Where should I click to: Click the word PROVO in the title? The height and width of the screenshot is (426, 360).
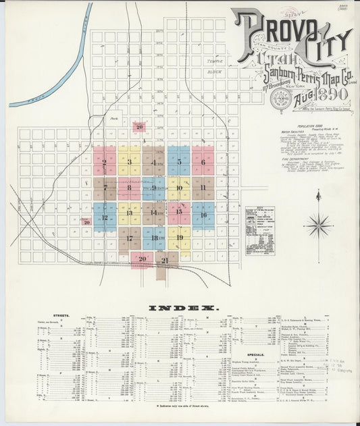point(266,30)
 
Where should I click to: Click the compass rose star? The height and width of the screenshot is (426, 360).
point(317,224)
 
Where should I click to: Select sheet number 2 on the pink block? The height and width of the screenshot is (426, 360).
point(104,162)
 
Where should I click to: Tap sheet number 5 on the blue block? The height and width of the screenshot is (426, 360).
point(179,162)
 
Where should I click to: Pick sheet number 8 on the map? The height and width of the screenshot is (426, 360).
point(129,188)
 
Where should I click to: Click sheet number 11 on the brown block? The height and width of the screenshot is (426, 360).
point(203,187)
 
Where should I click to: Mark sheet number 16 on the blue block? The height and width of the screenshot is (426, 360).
point(203,215)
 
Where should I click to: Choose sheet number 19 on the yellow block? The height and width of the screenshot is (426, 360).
point(179,238)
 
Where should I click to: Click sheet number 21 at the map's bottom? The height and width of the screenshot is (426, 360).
point(164,260)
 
